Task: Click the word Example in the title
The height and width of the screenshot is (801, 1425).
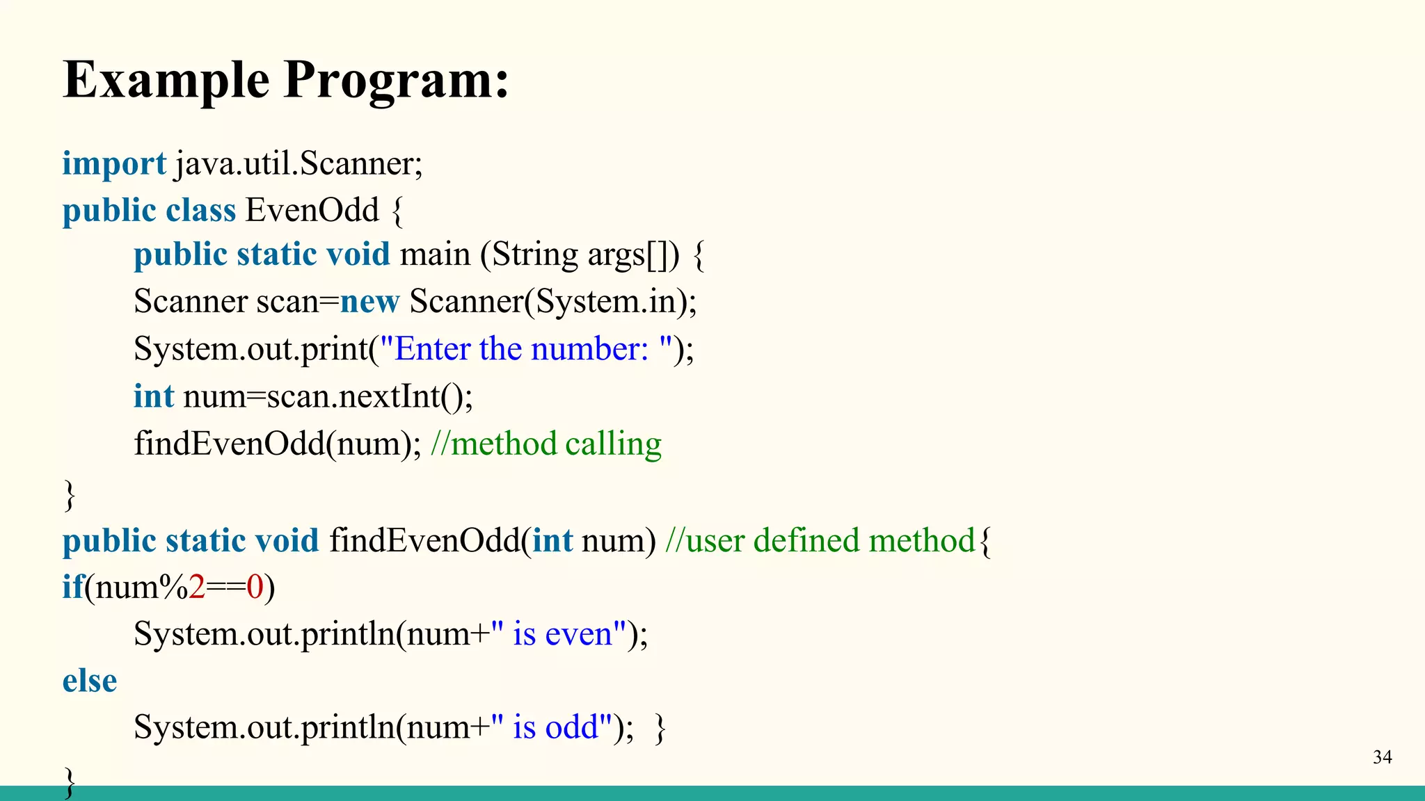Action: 166,80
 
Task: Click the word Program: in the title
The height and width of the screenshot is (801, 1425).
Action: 397,80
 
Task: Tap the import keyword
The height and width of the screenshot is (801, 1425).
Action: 114,164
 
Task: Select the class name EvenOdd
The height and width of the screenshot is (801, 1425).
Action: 312,210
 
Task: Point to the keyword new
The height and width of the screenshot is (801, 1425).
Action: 369,302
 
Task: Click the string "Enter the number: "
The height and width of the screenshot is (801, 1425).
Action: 526,348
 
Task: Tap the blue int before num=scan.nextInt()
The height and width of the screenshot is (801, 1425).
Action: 153,396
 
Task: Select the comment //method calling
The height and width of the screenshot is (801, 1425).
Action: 546,444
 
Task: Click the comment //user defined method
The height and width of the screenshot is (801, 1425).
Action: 820,540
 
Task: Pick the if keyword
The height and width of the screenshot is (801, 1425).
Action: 72,587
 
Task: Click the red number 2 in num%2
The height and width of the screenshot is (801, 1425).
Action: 197,587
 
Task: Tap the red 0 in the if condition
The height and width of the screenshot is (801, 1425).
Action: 255,587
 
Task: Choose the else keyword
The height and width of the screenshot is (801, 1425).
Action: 90,681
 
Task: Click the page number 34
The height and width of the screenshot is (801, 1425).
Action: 1382,757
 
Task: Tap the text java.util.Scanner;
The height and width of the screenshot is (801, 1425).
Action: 299,164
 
